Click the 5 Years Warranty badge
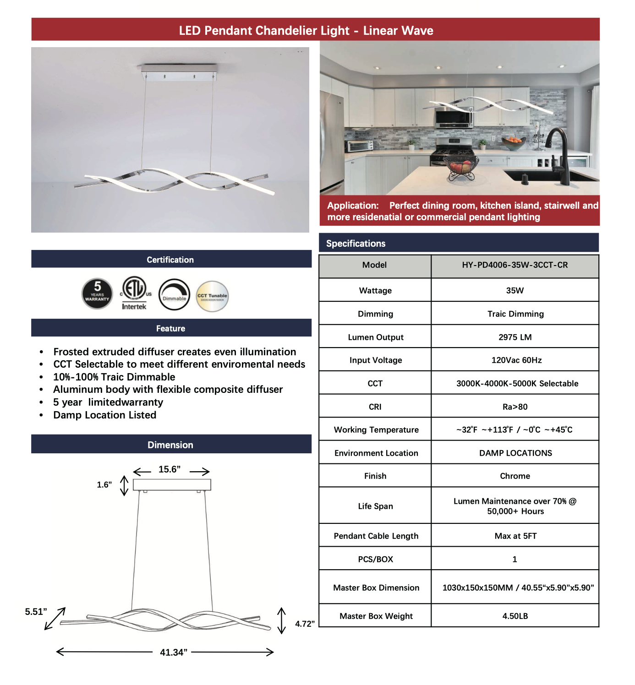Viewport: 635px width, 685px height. (x=97, y=293)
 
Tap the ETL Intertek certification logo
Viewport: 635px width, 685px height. (x=134, y=293)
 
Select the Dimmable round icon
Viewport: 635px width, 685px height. (x=174, y=294)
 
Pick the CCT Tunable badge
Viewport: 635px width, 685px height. (x=212, y=296)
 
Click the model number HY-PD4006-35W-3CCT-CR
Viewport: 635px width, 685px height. (x=515, y=265)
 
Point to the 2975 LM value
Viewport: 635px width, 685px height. (x=515, y=337)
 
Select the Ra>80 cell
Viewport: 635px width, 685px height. (x=515, y=407)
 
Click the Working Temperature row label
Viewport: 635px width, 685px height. (x=376, y=430)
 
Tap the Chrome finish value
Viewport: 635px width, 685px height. (x=515, y=476)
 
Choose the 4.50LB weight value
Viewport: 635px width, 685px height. (x=515, y=616)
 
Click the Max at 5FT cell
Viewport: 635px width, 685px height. (x=515, y=536)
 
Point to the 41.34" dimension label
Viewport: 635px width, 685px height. (x=173, y=652)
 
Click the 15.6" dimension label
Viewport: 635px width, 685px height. (x=170, y=469)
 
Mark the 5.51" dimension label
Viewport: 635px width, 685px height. (x=36, y=612)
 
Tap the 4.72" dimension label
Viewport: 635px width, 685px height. (x=305, y=624)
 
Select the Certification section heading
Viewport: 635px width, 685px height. (x=170, y=260)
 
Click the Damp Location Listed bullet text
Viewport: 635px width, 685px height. (x=105, y=415)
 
